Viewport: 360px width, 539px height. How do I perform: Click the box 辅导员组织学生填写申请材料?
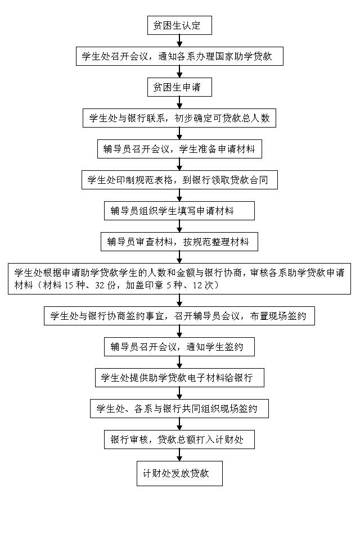(x=179, y=211)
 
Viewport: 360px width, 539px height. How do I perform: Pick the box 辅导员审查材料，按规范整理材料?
(x=179, y=242)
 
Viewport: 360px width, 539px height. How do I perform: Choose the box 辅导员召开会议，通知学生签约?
(x=179, y=347)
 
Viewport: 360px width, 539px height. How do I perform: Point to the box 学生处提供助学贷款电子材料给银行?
(x=179, y=378)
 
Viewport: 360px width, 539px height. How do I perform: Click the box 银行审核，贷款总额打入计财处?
(x=179, y=440)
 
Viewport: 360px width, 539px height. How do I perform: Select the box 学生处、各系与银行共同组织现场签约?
(x=179, y=409)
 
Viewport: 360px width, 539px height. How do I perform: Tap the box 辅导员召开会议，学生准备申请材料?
(x=179, y=150)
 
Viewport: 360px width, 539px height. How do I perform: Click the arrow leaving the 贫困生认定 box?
(x=179, y=40)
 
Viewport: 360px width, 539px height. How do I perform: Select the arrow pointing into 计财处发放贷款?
(x=179, y=455)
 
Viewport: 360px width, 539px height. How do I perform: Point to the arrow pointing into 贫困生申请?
(x=179, y=71)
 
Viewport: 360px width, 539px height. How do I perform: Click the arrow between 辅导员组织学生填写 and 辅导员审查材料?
(x=179, y=226)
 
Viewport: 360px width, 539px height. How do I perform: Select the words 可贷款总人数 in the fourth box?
(x=243, y=119)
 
